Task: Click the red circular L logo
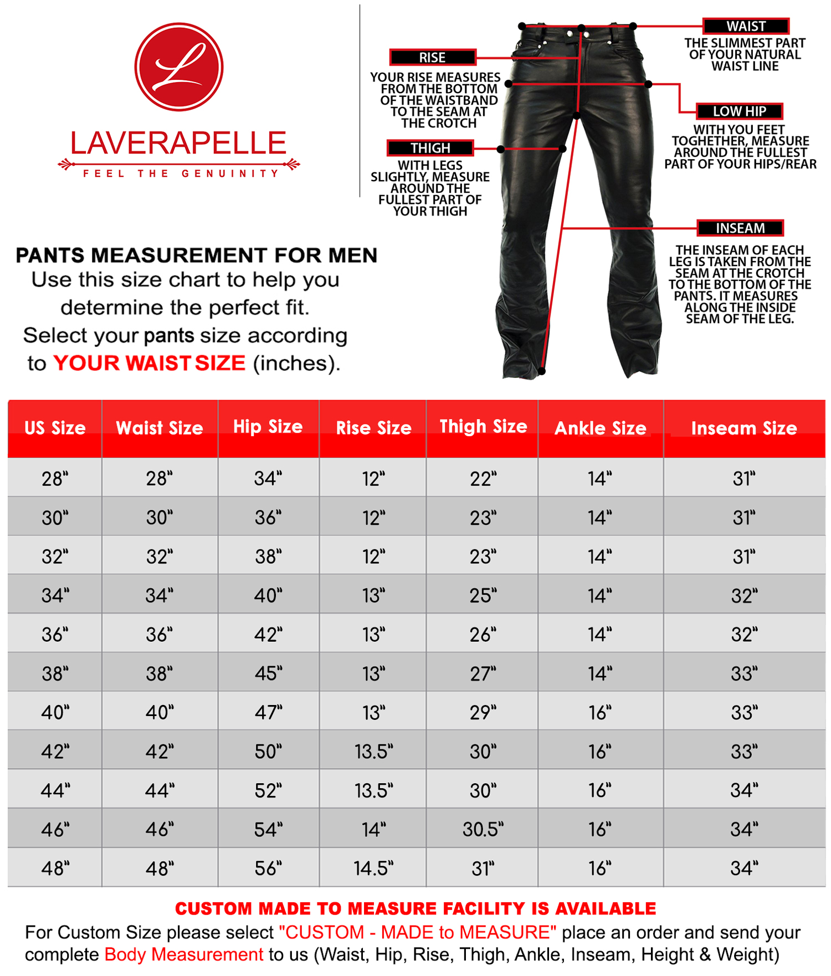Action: point(178,67)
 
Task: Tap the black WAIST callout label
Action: point(746,26)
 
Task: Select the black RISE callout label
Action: point(432,58)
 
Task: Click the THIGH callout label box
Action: point(430,148)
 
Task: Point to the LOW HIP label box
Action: point(739,111)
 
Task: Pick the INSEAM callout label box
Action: point(740,228)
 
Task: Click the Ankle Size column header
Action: point(600,428)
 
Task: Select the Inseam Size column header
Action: point(743,428)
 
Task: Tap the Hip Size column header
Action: point(268,427)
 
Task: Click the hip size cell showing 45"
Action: point(268,673)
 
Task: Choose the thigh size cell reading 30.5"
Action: point(483,829)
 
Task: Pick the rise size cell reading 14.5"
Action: point(373,868)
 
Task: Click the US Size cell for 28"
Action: point(55,478)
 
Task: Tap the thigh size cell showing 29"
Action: point(483,712)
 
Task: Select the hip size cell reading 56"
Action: point(268,868)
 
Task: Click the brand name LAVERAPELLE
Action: point(178,143)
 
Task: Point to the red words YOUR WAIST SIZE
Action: point(149,363)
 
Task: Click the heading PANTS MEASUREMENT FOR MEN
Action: point(196,256)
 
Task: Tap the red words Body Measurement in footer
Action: point(183,954)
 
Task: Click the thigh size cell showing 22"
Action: point(483,478)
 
